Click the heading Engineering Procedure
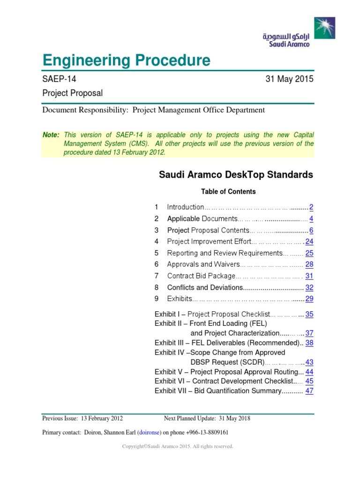pyautogui.click(x=126, y=60)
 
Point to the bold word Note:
pyautogui.click(x=51, y=135)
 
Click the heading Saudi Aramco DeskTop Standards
pyautogui.click(x=236, y=175)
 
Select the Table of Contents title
pyautogui.click(x=228, y=191)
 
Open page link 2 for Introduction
pyautogui.click(x=311, y=207)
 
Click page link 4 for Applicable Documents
pyautogui.click(x=311, y=219)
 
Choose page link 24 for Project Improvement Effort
pyautogui.click(x=309, y=242)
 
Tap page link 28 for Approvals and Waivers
pyautogui.click(x=309, y=264)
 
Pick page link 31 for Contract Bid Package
pyautogui.click(x=309, y=276)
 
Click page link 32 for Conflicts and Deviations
pyautogui.click(x=309, y=287)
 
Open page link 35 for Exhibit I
pyautogui.click(x=309, y=315)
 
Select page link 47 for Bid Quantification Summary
pyautogui.click(x=309, y=390)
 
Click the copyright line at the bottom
pyautogui.click(x=178, y=447)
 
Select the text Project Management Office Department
pyautogui.click(x=199, y=110)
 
